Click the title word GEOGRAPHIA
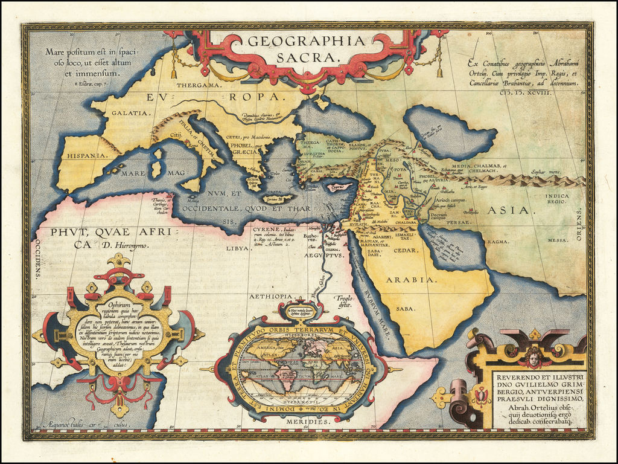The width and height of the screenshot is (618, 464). coord(306,42)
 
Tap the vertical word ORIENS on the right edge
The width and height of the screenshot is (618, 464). coord(581,225)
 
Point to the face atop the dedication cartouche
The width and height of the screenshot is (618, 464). coord(534,358)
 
